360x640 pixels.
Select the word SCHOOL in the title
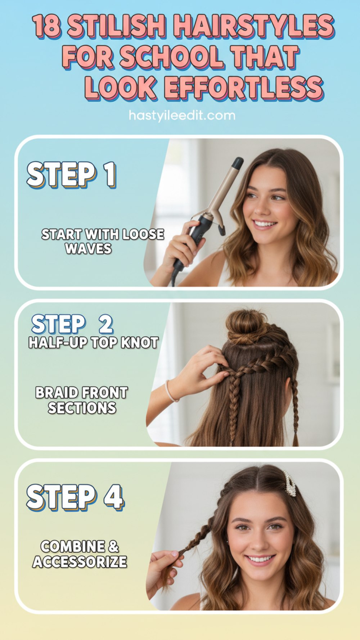[171, 57]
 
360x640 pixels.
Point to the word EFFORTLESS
[244, 88]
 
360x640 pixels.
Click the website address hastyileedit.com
[182, 116]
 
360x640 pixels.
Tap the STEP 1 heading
[71, 175]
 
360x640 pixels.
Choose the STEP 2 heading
[72, 324]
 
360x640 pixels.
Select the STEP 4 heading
[75, 497]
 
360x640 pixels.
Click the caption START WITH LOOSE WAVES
[103, 241]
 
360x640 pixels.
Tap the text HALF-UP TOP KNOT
[94, 343]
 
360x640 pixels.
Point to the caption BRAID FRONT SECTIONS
[82, 400]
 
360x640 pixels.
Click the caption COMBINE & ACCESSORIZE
[80, 554]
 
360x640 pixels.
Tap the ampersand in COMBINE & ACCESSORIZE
[113, 546]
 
